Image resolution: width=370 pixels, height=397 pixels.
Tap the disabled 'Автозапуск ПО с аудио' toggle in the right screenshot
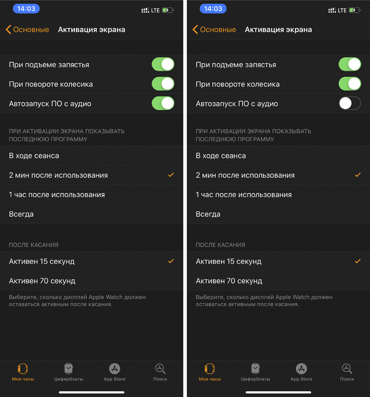[x=350, y=103]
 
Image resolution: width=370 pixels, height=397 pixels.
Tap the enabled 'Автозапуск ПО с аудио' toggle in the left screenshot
[x=163, y=103]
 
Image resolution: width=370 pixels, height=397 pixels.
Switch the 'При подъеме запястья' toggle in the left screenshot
[x=163, y=64]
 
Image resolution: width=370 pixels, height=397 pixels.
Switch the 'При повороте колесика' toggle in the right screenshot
[x=350, y=84]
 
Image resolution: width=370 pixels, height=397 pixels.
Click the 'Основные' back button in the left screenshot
[x=27, y=30]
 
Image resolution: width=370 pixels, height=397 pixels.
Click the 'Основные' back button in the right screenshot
[x=214, y=30]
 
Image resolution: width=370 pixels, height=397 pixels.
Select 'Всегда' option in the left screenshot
[x=21, y=214]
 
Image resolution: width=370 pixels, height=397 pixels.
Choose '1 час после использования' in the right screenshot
[x=244, y=195]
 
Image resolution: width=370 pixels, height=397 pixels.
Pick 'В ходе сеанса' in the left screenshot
[x=34, y=156]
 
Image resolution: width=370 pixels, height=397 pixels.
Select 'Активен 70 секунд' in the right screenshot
[x=229, y=281]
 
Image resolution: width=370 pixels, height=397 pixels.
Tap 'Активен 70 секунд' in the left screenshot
[x=42, y=281]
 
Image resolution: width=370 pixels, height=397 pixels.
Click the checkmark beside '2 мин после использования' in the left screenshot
[x=171, y=175]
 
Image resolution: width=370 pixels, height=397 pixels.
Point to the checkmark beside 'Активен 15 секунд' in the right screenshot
[x=358, y=261]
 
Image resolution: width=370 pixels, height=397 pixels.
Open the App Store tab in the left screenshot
[x=114, y=372]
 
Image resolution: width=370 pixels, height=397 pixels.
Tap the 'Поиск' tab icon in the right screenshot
[x=347, y=369]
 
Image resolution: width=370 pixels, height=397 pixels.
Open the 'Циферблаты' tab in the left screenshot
[x=68, y=372]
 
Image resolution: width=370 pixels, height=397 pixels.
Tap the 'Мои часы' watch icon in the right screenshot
[x=210, y=369]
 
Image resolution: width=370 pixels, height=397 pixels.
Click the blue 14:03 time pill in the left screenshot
[x=27, y=9]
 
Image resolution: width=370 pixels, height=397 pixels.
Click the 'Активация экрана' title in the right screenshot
[x=278, y=30]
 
